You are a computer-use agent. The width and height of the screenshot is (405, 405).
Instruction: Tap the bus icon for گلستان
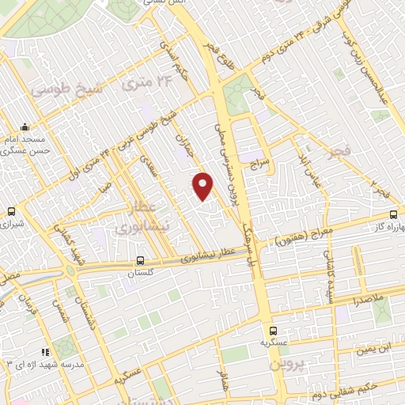click(140, 259)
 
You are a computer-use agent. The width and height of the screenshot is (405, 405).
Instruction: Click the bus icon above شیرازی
click(11, 212)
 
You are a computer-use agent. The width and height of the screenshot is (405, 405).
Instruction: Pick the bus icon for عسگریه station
click(273, 331)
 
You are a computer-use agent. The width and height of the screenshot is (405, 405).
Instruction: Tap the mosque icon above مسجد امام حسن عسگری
click(26, 127)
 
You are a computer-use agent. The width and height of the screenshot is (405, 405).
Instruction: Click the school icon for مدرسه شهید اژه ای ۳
click(45, 352)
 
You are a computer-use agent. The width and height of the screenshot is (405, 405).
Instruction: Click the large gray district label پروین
click(285, 365)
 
